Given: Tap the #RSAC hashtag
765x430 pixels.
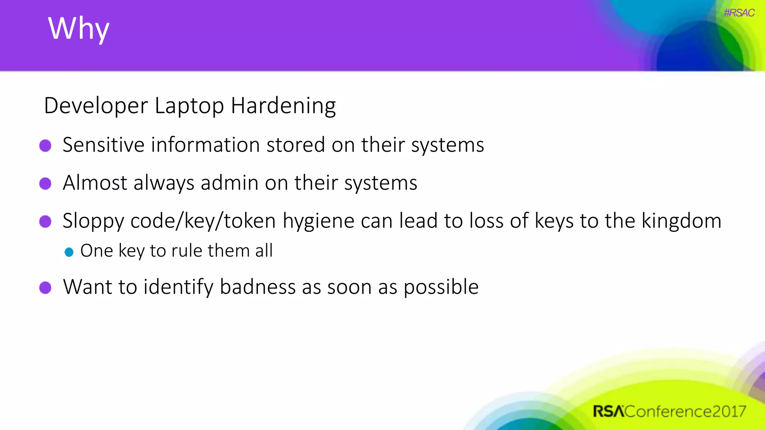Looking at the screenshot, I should point(739,13).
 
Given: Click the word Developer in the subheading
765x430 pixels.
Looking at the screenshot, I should point(96,106).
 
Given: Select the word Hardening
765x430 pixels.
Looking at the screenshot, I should point(283,106).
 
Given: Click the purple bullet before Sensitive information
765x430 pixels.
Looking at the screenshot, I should point(45,146).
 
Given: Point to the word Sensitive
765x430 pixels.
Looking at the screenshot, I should point(103,145).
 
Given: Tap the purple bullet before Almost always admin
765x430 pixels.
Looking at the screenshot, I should point(45,184).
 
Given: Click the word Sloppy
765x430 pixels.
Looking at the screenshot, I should point(93,221).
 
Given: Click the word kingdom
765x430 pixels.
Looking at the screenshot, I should point(681,221).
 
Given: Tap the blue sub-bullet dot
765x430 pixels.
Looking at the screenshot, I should point(69,252).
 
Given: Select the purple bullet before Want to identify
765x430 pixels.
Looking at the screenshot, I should point(45,288).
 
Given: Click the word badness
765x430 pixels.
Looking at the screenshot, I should point(258,287).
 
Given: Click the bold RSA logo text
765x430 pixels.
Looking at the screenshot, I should point(608,411).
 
